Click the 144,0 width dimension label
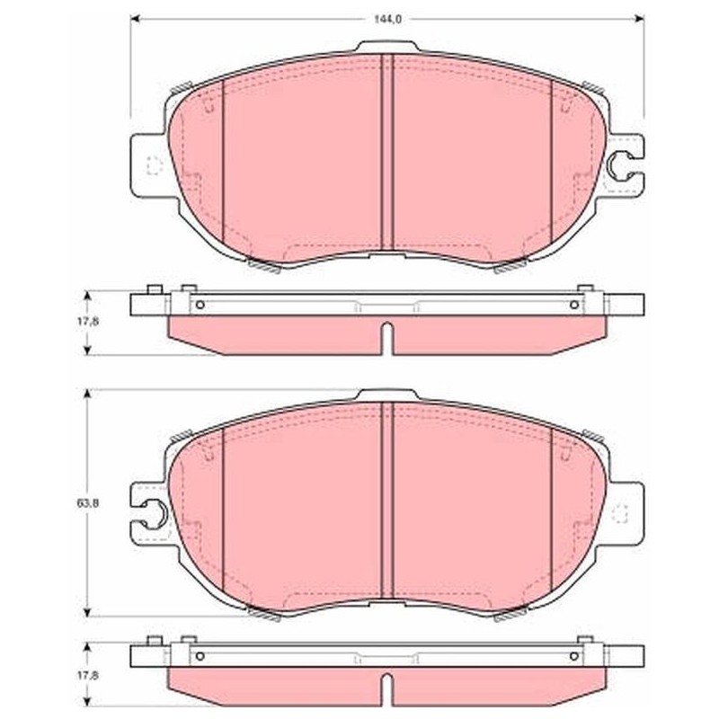click(387, 19)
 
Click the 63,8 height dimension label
click(88, 503)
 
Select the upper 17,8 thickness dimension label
click(88, 322)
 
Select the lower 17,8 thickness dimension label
click(88, 675)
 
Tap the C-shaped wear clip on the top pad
click(620, 166)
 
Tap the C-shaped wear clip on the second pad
click(154, 514)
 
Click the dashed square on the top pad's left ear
click(154, 165)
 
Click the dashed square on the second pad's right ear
click(620, 513)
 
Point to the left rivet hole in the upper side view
click(200, 305)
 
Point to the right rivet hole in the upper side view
click(574, 305)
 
